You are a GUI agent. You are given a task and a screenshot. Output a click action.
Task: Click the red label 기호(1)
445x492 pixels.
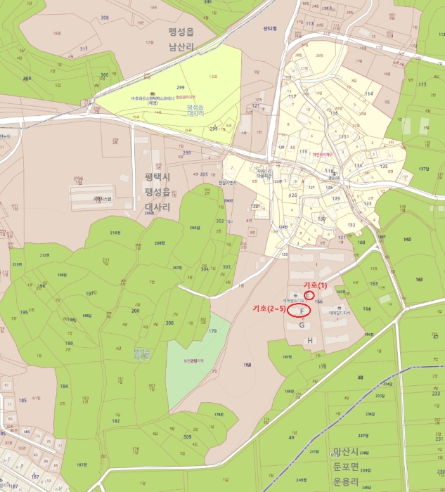point(315,285)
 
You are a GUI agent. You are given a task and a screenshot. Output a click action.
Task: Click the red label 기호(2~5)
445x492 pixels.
point(269,309)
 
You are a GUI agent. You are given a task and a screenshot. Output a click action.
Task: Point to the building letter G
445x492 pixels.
point(302,325)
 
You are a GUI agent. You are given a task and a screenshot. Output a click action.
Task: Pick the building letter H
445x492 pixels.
point(309,340)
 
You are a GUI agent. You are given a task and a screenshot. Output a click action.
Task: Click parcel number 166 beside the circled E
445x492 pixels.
point(318,302)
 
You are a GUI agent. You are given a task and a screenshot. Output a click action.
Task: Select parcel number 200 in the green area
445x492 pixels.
point(135,310)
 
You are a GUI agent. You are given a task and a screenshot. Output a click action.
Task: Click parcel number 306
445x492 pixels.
point(169,323)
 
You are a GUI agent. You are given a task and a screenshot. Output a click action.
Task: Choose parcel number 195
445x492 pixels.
point(24,312)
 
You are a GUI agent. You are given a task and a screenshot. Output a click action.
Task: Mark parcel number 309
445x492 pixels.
point(187,436)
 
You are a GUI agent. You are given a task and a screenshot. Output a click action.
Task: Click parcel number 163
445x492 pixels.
point(373,283)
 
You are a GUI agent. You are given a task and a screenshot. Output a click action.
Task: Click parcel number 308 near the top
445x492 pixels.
point(105,18)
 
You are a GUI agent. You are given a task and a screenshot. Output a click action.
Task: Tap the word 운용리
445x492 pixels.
point(346,482)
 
